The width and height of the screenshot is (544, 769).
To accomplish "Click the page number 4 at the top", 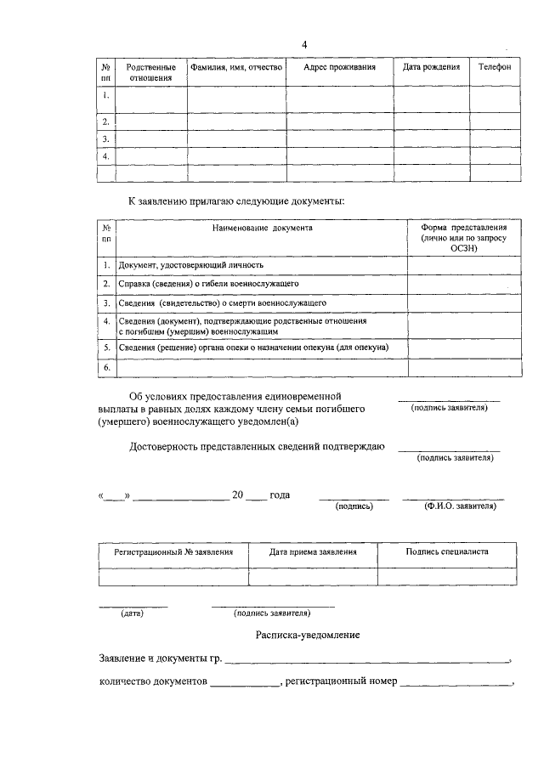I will (x=304, y=45).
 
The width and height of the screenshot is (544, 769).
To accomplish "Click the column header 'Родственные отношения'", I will (x=150, y=72).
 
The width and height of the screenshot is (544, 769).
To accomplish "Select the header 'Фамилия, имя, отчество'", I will (x=235, y=67).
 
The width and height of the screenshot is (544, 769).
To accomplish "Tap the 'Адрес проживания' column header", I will (x=339, y=67).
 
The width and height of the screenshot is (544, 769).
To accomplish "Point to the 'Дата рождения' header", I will (x=431, y=67).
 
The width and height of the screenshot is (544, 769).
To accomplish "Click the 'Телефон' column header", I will (x=494, y=67).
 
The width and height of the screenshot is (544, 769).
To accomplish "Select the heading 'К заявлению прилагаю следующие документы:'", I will (x=236, y=201).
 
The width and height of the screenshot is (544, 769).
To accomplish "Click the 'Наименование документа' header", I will (x=263, y=229).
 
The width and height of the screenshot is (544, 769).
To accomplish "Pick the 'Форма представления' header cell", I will (x=463, y=239).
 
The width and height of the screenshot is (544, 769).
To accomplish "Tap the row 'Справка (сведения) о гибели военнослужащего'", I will (x=208, y=284).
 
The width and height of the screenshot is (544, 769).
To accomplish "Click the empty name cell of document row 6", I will (x=261, y=367).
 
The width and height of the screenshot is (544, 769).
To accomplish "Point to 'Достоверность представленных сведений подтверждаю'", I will (x=258, y=446).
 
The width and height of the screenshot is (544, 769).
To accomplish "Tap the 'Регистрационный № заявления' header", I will (x=173, y=551).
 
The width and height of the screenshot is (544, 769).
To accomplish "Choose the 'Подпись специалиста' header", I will (x=447, y=551).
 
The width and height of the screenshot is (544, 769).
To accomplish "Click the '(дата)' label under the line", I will (x=132, y=613).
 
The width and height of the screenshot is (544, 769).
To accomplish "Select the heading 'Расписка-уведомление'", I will (x=308, y=635).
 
